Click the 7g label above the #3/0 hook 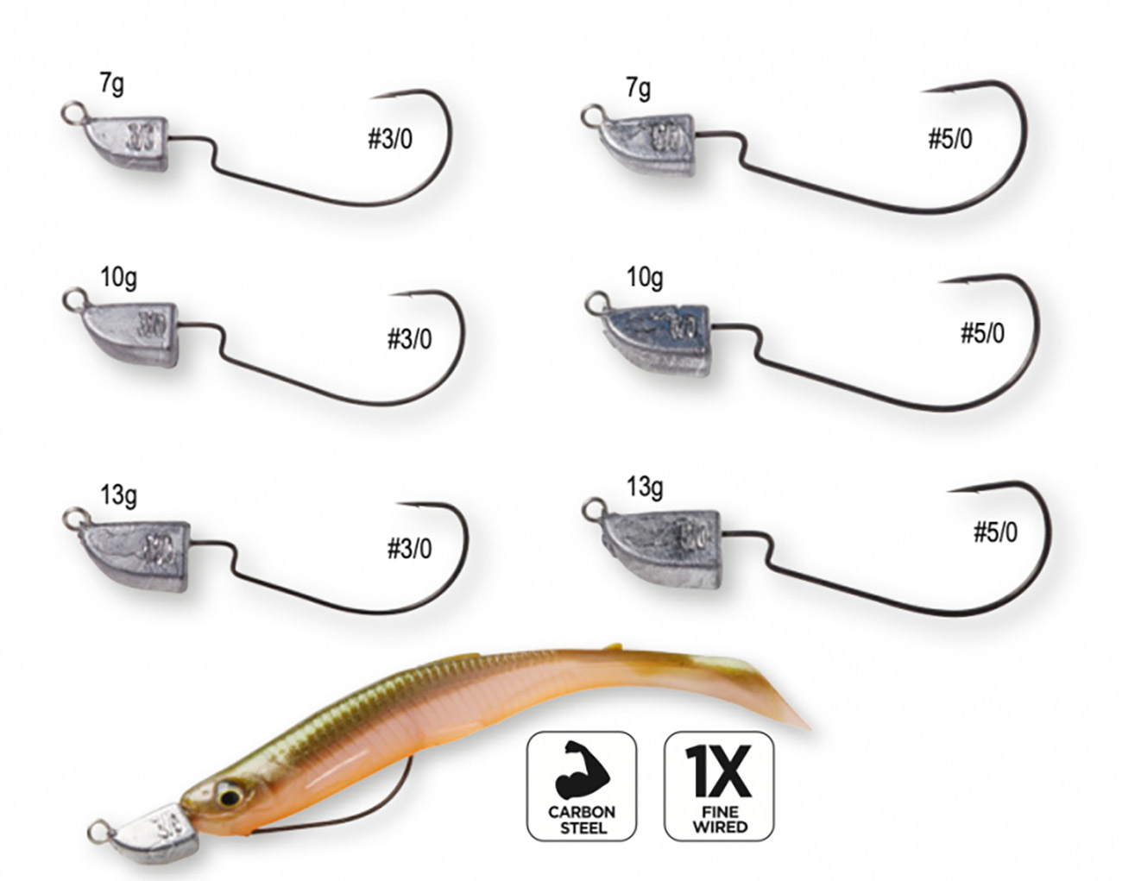[x=111, y=84]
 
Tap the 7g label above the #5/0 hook [x=639, y=88]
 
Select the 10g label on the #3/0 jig [x=117, y=279]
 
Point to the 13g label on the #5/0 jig [x=645, y=487]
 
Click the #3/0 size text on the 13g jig [x=409, y=548]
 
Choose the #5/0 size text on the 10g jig [x=982, y=333]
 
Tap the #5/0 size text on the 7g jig [x=949, y=138]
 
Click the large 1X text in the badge [x=718, y=771]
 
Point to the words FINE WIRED [x=719, y=819]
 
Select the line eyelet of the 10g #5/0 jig [x=594, y=302]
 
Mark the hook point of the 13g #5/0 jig [x=949, y=491]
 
